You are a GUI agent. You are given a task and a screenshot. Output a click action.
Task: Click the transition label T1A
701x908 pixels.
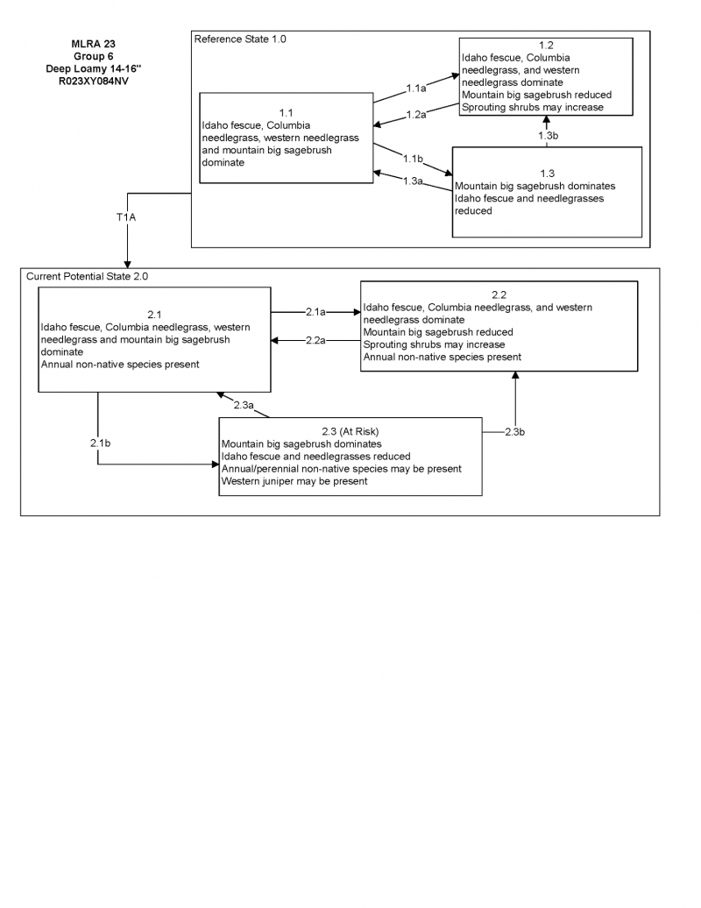click(126, 216)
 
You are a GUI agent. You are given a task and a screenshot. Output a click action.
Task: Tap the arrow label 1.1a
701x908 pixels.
click(417, 89)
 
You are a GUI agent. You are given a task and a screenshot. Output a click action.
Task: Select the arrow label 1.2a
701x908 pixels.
click(416, 115)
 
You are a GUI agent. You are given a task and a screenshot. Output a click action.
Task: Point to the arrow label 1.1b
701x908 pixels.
click(414, 159)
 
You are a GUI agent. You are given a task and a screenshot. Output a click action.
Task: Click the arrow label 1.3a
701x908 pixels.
click(414, 181)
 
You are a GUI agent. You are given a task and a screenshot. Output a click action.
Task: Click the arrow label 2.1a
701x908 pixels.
click(315, 311)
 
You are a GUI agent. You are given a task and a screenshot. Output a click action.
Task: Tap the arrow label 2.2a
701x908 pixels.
click(315, 341)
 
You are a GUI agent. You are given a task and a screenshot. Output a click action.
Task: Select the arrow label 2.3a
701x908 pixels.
click(244, 405)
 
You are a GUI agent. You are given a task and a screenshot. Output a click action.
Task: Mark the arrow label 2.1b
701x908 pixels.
click(99, 443)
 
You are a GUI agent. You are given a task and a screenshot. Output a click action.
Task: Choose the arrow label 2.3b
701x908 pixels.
click(515, 431)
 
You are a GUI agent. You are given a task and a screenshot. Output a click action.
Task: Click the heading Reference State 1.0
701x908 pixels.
click(240, 39)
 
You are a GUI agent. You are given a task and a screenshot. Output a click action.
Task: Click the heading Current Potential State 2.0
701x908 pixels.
click(88, 276)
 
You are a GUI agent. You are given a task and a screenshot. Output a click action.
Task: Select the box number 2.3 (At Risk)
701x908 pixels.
click(350, 431)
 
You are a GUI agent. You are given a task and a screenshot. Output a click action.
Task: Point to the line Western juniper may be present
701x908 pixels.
click(294, 481)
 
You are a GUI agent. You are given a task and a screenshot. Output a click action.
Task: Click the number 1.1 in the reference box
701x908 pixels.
click(286, 113)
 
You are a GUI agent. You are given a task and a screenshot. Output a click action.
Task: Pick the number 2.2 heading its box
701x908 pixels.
click(499, 295)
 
